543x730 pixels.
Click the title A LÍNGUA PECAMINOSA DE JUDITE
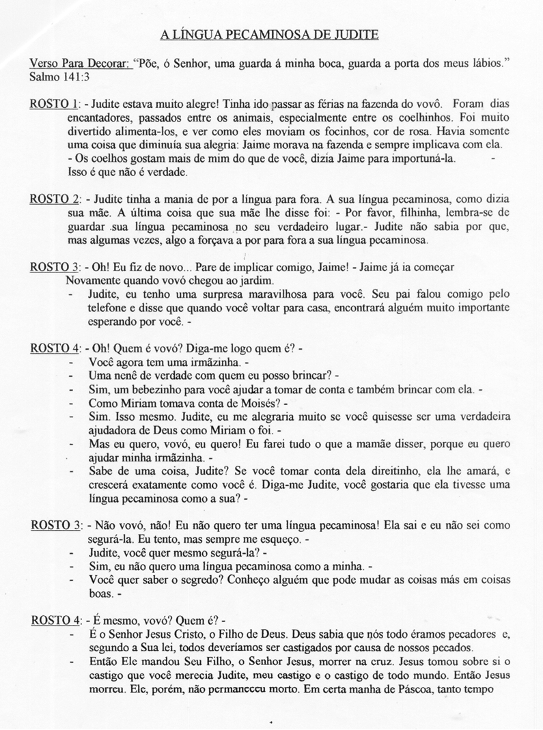tap(269, 33)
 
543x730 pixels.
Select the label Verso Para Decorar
tap(79, 64)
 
